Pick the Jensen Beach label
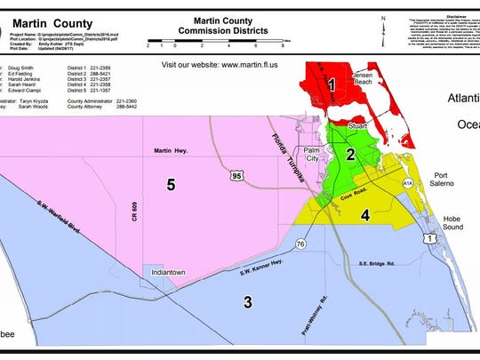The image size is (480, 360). [366, 79]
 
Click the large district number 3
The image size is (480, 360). [246, 301]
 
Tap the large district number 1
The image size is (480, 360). [331, 85]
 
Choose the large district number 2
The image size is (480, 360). [350, 155]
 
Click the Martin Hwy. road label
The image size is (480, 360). [173, 151]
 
